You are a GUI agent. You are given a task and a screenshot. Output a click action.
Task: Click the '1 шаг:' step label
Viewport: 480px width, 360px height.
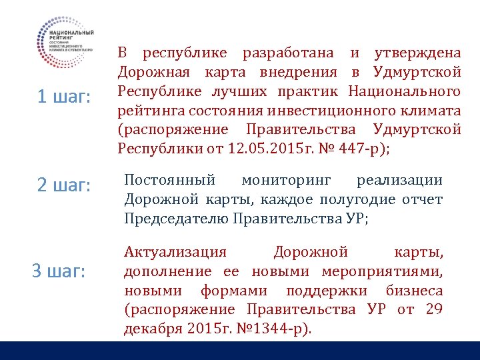point(63,97)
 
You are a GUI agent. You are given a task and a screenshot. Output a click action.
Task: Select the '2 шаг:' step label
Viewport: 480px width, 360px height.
point(63,185)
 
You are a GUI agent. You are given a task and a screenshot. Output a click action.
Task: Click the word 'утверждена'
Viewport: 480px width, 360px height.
point(418,53)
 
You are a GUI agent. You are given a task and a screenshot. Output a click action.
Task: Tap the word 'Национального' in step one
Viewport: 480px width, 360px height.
point(405,91)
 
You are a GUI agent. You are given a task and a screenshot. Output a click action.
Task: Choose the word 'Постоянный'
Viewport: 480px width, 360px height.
point(170,180)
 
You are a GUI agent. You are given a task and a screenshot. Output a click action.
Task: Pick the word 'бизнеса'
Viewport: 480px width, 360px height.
point(414,291)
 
